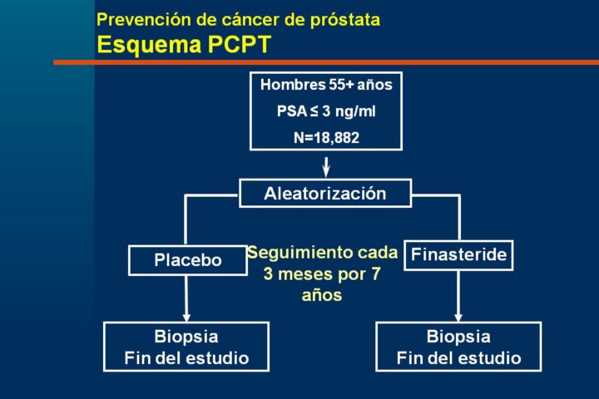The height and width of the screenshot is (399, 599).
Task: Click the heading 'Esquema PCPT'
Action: pyautogui.click(x=184, y=45)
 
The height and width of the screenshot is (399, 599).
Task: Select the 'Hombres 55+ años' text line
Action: pyautogui.click(x=326, y=85)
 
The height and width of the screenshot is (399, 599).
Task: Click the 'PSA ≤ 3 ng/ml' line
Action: pyautogui.click(x=326, y=111)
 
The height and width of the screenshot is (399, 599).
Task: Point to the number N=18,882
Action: pyautogui.click(x=326, y=137)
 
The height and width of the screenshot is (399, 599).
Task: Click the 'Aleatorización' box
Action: pyautogui.click(x=325, y=194)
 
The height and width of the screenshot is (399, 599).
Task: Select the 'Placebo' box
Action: pyautogui.click(x=188, y=260)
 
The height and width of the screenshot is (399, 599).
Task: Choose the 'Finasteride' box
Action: pyautogui.click(x=458, y=255)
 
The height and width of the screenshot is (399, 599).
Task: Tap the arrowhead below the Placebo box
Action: pyautogui.click(x=187, y=315)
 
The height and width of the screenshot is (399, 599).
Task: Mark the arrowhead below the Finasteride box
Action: pyautogui.click(x=458, y=315)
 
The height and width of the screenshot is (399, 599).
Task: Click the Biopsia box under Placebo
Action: pyautogui.click(x=186, y=347)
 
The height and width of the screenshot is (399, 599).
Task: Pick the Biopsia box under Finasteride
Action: pyautogui.click(x=458, y=347)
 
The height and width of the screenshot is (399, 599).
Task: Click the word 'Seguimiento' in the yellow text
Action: pyautogui.click(x=289, y=253)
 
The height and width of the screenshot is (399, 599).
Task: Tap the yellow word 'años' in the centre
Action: pyautogui.click(x=322, y=295)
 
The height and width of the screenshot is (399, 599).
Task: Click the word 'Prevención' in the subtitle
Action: pyautogui.click(x=135, y=19)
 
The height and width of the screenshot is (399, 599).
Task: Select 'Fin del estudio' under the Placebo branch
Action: pyautogui.click(x=186, y=358)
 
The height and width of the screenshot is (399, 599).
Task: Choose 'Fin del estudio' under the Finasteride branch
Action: pyautogui.click(x=458, y=358)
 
